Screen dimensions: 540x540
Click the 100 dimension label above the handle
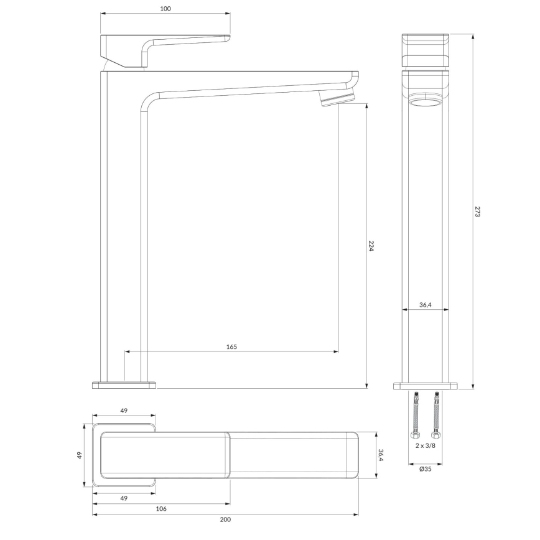click(165, 9)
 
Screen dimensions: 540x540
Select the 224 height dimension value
click(371, 246)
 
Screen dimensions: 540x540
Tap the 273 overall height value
click(477, 212)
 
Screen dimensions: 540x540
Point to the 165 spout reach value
click(231, 347)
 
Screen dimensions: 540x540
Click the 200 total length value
click(225, 519)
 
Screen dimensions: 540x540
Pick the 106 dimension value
click(161, 509)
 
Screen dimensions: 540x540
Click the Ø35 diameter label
click(426, 468)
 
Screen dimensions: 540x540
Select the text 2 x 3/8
click(426, 445)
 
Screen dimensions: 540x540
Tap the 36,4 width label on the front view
click(426, 305)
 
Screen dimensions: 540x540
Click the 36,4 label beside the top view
click(381, 455)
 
